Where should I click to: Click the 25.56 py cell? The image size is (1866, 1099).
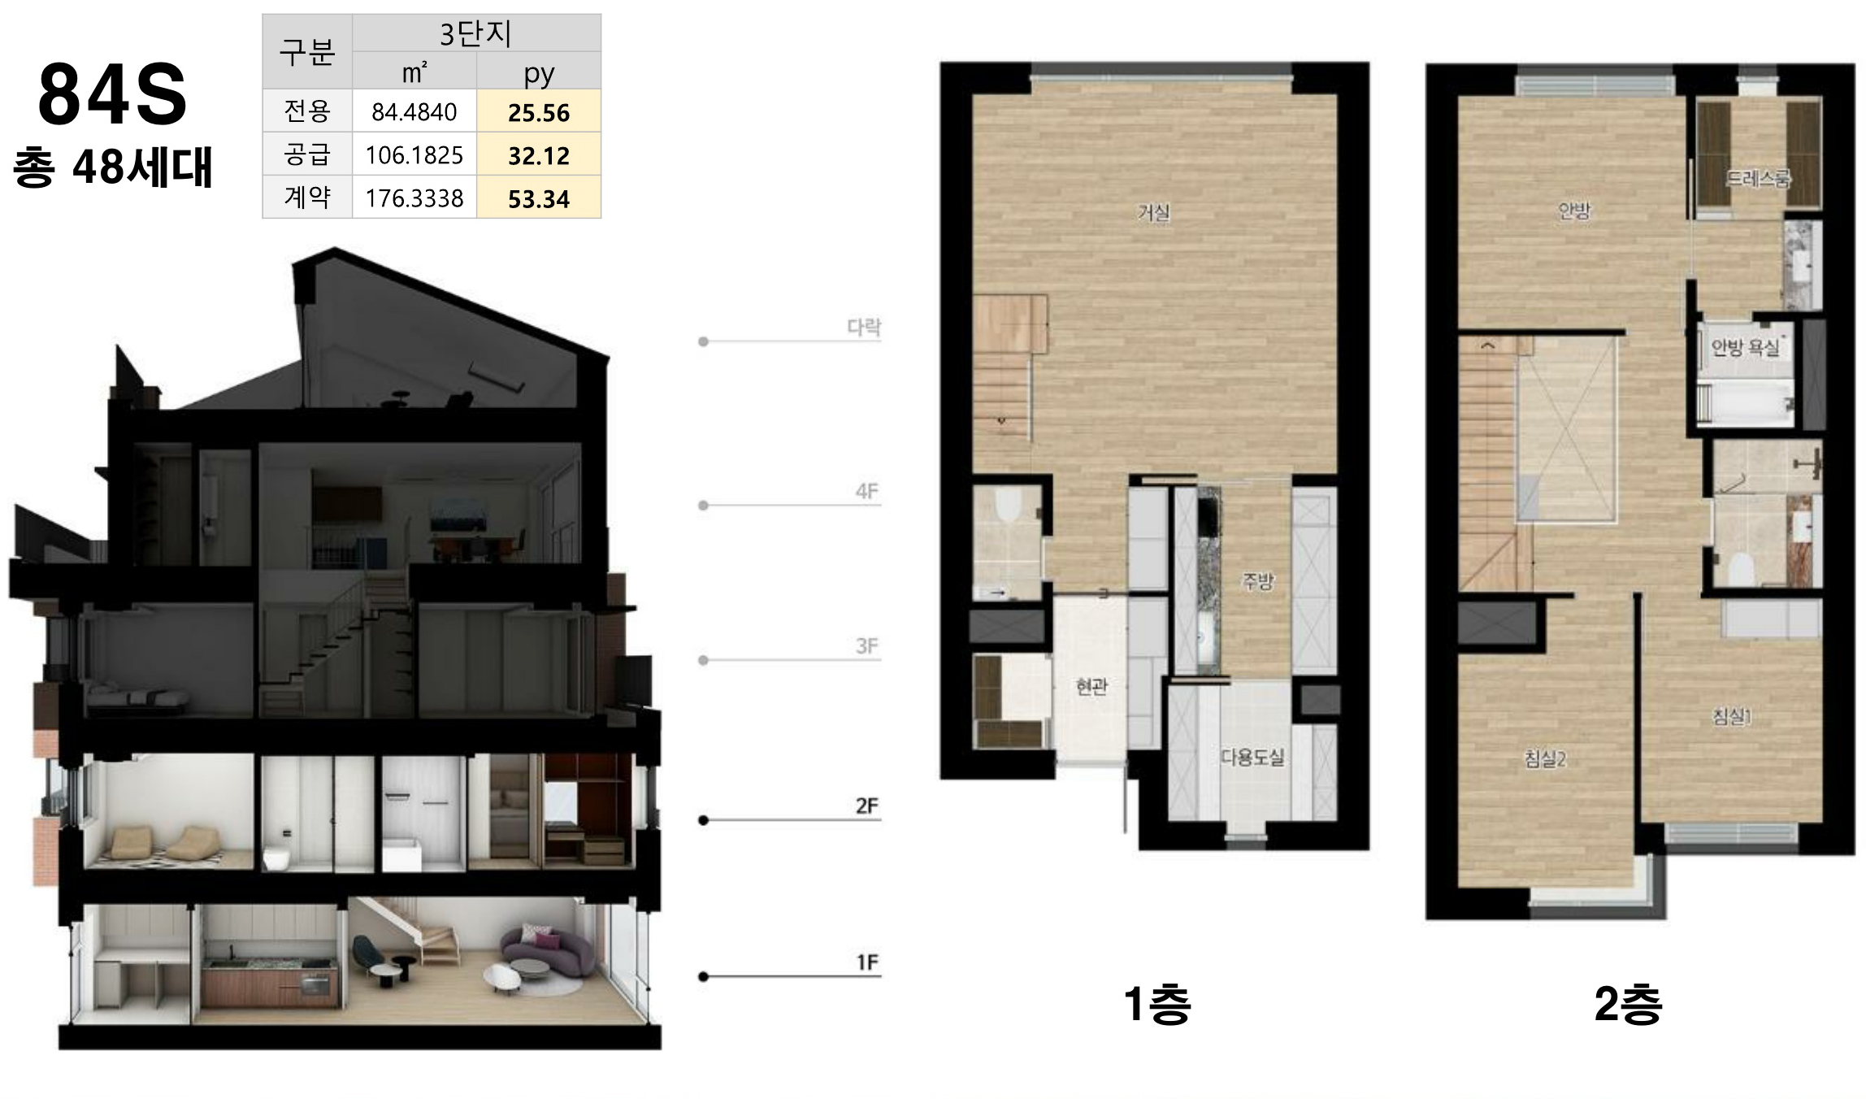(539, 112)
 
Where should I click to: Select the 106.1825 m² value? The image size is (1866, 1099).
(414, 154)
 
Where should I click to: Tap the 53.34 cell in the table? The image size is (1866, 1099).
(539, 198)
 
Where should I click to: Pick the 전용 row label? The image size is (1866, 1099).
(307, 111)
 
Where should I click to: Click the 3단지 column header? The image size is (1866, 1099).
(476, 33)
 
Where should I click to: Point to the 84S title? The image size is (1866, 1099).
(112, 94)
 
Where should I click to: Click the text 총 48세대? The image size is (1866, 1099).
(113, 167)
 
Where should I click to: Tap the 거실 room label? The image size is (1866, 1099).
(1153, 212)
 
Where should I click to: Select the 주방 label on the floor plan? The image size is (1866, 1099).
(1257, 580)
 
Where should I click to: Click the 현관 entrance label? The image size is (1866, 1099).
(1091, 686)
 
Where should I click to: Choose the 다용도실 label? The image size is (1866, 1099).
(1252, 757)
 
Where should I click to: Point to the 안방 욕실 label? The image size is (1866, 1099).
(1745, 347)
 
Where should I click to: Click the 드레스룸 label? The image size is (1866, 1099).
(1758, 178)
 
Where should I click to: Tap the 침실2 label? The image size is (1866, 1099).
(1545, 759)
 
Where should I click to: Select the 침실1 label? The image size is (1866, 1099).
(1732, 716)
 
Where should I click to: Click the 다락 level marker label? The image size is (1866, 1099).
(864, 327)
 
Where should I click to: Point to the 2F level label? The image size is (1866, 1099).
(867, 806)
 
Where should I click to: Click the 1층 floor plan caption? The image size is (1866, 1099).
(1156, 1005)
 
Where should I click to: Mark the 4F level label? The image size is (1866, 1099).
(867, 491)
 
